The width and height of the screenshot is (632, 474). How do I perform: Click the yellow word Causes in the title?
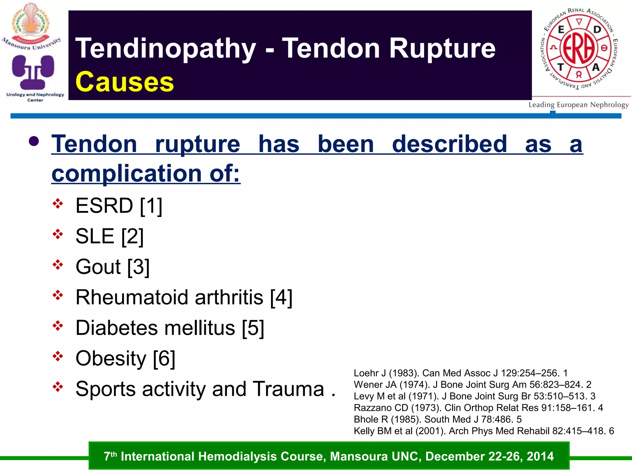pyautogui.click(x=125, y=82)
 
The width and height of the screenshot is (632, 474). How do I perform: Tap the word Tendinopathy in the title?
pyautogui.click(x=166, y=48)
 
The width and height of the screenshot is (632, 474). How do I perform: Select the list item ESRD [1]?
pyautogui.click(x=119, y=206)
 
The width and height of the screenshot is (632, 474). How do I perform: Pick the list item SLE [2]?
pyautogui.click(x=110, y=236)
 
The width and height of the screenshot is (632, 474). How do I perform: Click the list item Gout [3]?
pyautogui.click(x=112, y=267)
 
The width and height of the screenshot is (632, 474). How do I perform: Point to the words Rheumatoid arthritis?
pyautogui.click(x=169, y=297)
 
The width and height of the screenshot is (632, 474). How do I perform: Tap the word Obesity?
pyautogui.click(x=111, y=358)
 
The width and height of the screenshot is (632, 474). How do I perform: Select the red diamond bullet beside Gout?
pyautogui.click(x=58, y=265)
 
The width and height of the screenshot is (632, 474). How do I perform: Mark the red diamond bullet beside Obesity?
pyautogui.click(x=58, y=356)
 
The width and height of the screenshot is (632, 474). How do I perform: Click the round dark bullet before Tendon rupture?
pyautogui.click(x=34, y=142)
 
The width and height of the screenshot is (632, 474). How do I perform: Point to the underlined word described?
pyautogui.click(x=449, y=144)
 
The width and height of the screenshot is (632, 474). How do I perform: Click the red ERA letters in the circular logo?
pyautogui.click(x=579, y=48)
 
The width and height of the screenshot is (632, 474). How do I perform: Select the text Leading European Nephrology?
pyautogui.click(x=578, y=105)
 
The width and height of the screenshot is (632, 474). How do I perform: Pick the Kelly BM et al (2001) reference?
pyautogui.click(x=484, y=431)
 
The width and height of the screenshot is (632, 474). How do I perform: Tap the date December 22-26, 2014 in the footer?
pyautogui.click(x=489, y=456)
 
